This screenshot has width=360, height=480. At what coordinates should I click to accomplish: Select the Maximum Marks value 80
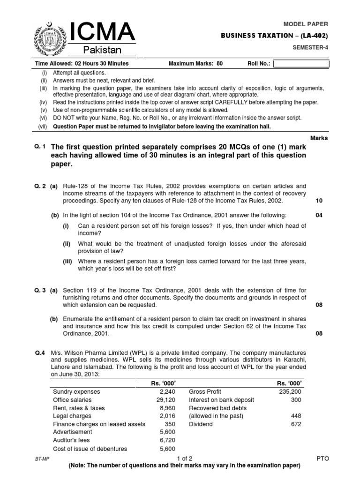tap(219, 64)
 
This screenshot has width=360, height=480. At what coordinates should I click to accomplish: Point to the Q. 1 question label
tap(40, 147)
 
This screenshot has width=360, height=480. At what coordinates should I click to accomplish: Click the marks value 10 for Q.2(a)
tap(319, 201)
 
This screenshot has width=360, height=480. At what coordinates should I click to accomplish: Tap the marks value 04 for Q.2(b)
tap(319, 215)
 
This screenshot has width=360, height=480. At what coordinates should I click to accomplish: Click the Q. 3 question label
tap(41, 290)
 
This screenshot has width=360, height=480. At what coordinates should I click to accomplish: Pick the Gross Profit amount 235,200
tap(290, 391)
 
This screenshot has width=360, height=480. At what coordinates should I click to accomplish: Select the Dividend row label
tap(200, 424)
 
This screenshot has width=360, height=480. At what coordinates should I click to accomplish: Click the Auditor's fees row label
tap(73, 440)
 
